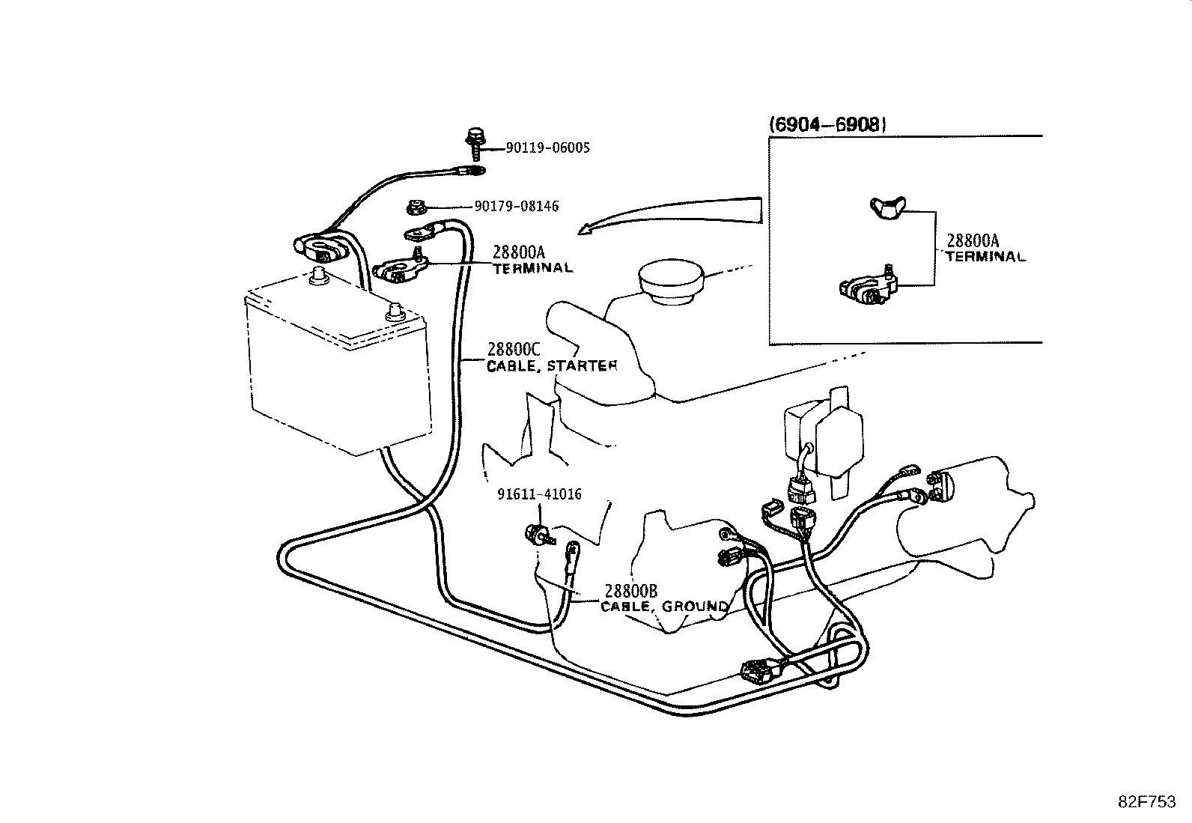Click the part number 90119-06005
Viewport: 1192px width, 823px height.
[x=547, y=148]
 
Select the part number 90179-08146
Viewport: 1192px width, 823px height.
[x=516, y=206]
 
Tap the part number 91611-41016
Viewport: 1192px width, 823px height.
[x=539, y=494]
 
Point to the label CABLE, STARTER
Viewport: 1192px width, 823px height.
[x=552, y=366]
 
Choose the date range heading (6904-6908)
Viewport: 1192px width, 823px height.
[x=827, y=124]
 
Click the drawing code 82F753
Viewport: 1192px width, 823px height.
[x=1147, y=802]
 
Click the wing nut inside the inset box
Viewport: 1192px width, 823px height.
[x=887, y=207]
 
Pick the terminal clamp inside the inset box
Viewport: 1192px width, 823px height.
[x=868, y=286]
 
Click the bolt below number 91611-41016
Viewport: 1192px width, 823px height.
[x=539, y=534]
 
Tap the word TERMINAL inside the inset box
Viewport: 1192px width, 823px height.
[x=986, y=257]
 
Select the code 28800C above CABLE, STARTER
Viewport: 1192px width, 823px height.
[x=514, y=349]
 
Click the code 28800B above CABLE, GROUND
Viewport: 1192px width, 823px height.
[x=630, y=591]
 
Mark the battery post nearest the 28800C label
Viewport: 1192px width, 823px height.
[x=394, y=312]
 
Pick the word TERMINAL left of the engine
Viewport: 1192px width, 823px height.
[x=533, y=268]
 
